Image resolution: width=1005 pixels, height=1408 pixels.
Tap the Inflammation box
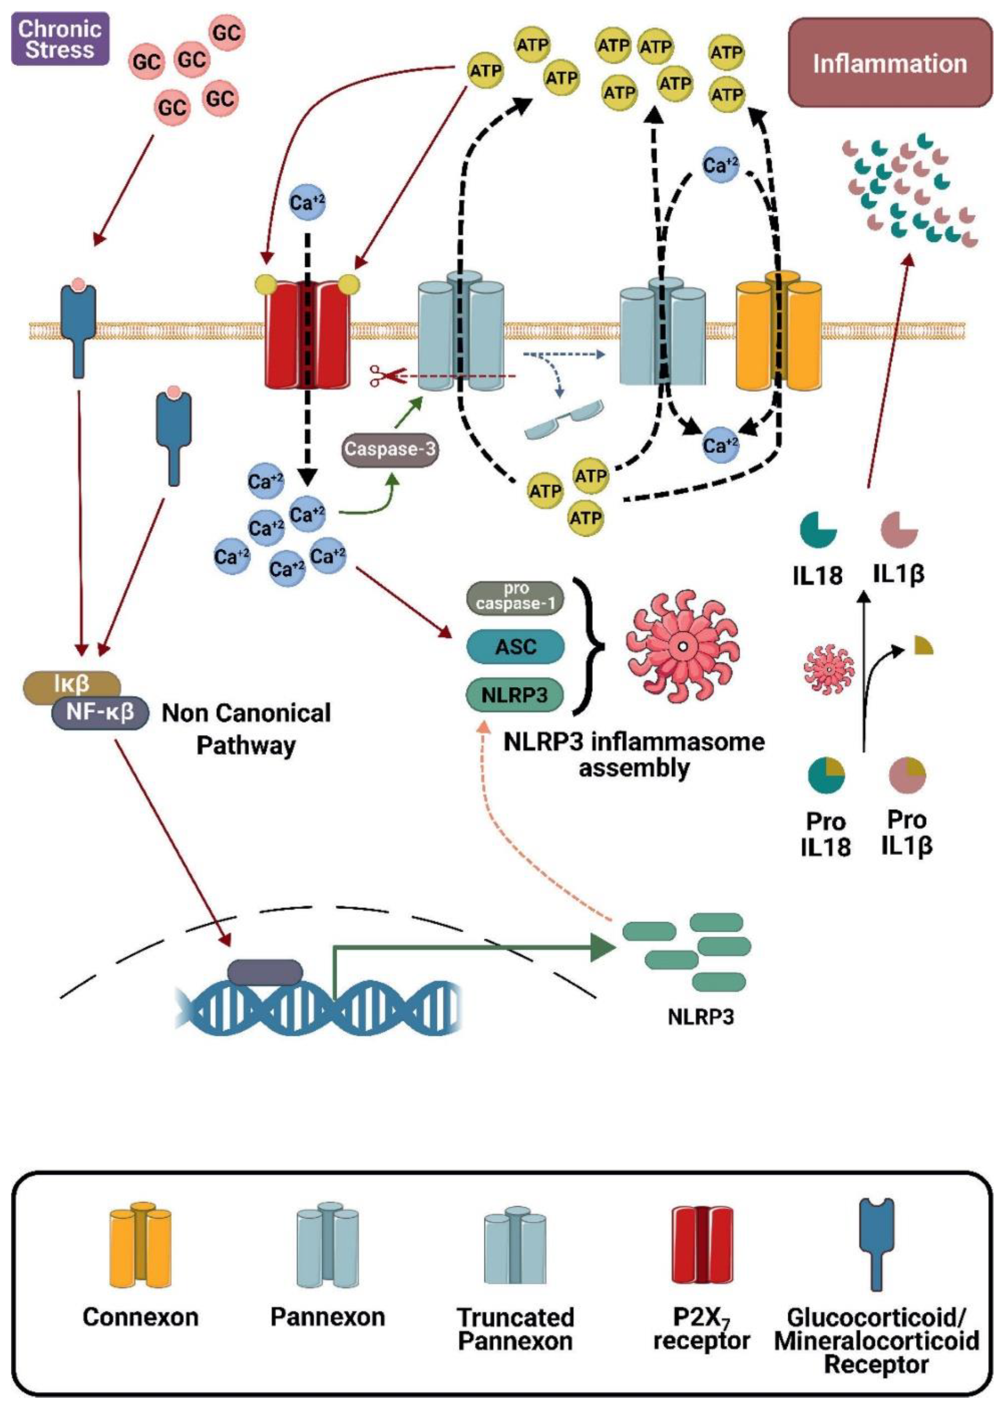889,63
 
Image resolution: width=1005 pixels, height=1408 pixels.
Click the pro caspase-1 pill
515,597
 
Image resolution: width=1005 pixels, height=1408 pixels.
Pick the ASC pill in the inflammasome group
515,647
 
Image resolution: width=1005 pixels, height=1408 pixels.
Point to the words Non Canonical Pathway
246,729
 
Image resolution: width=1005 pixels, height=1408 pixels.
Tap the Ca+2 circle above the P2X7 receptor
307,202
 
